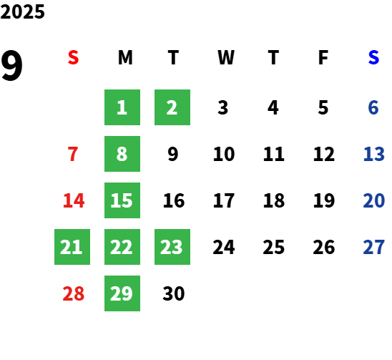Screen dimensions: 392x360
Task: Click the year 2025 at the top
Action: [x=22, y=11]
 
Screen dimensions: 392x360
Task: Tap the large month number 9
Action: [x=11, y=65]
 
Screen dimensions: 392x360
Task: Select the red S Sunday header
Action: [x=73, y=57]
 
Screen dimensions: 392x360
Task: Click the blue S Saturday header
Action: [x=373, y=57]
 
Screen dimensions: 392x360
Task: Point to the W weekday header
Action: [x=226, y=57]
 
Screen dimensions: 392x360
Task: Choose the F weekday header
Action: [x=323, y=57]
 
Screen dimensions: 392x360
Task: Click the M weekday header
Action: [x=125, y=57]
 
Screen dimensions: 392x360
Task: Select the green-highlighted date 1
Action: [x=122, y=107]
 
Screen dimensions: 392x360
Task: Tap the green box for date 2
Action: [x=172, y=107]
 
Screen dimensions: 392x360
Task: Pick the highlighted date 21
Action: [x=72, y=247]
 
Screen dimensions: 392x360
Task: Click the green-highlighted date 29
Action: [x=122, y=293]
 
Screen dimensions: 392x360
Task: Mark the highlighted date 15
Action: [x=122, y=200]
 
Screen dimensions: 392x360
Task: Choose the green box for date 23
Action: [x=172, y=247]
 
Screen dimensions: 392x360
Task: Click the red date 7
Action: [x=73, y=154]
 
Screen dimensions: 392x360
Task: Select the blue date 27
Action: [x=373, y=247]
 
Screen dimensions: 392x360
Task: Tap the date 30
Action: [x=174, y=293]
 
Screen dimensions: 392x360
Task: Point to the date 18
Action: [x=274, y=200]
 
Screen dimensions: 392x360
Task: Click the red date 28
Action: [x=74, y=293]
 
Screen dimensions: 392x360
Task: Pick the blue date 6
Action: [x=373, y=107]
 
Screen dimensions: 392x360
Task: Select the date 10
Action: [x=224, y=154]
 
